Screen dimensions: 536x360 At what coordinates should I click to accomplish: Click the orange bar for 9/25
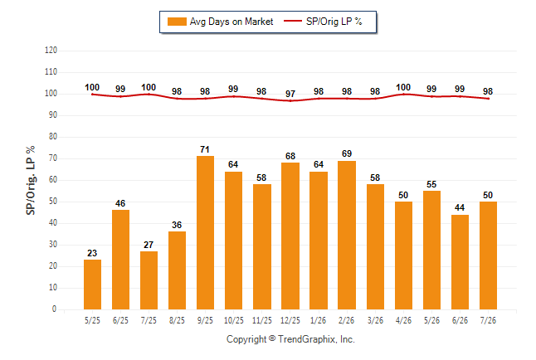(205, 233)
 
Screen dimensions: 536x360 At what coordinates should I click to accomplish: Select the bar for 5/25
(92, 285)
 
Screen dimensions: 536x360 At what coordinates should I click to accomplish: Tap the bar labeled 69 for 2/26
(347, 236)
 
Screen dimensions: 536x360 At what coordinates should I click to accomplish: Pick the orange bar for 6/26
(460, 262)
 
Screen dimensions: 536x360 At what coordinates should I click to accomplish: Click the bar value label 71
(205, 149)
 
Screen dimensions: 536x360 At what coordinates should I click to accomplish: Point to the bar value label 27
(149, 245)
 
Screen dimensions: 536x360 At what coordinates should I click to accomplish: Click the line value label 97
(290, 94)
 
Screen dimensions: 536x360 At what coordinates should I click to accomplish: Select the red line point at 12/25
(290, 100)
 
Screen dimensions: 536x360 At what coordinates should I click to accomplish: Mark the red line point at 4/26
(403, 94)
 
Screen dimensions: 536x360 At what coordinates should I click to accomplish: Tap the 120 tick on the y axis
(51, 51)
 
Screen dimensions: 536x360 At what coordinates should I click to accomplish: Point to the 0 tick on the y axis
(54, 309)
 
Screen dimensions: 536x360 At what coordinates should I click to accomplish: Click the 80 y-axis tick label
(52, 136)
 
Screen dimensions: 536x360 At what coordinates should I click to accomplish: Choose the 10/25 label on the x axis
(234, 320)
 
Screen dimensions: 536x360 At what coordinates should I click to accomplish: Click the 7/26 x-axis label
(488, 320)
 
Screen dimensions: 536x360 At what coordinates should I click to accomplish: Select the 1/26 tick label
(319, 320)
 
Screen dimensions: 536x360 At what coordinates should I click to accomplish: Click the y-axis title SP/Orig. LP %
(31, 180)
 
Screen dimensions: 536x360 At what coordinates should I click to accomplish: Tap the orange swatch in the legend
(177, 22)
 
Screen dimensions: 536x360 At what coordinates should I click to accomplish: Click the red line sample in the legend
(293, 21)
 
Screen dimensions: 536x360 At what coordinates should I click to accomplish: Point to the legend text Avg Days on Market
(231, 22)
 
